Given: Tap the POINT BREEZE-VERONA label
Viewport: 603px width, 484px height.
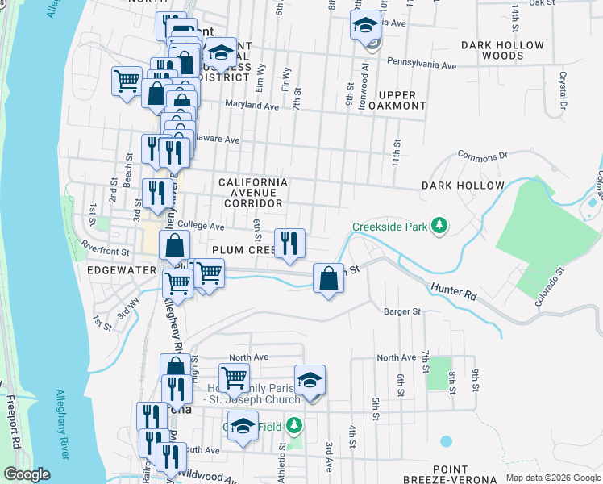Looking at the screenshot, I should pos(450,475).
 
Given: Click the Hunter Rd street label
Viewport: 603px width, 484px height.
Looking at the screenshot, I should pos(454,291).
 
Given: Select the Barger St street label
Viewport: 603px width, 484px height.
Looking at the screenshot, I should pos(402,311).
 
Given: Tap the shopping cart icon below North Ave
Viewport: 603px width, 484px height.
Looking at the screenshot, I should pos(233,376).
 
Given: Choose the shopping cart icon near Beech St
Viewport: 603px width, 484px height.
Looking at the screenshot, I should pos(127,81).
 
